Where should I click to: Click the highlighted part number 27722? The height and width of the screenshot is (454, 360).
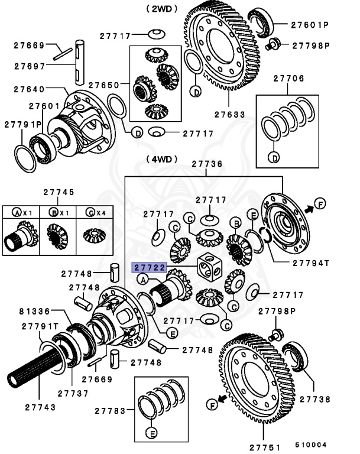(148, 267)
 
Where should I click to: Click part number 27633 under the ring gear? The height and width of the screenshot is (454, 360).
(231, 115)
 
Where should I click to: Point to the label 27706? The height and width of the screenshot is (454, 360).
(288, 78)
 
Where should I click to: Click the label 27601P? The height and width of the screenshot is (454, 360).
(309, 25)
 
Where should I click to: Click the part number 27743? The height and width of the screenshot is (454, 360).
(41, 407)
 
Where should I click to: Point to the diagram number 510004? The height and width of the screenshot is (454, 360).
(312, 444)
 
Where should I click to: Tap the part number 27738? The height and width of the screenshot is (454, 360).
(316, 399)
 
